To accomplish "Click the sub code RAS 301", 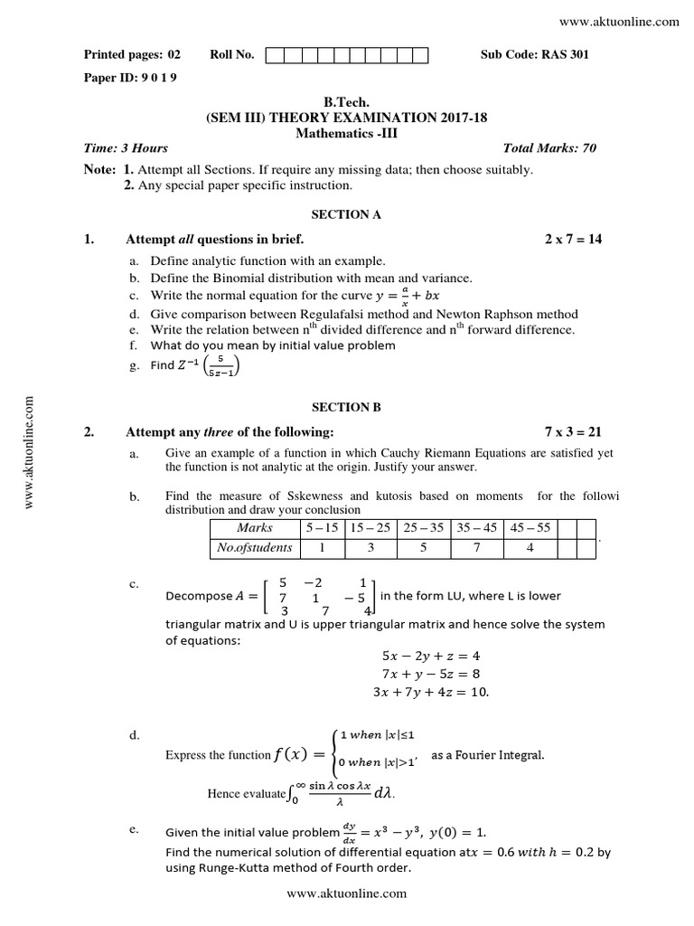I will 535,55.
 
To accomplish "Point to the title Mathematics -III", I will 346,133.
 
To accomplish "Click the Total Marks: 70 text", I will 549,148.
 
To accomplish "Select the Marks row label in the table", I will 255,527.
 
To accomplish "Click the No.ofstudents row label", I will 255,547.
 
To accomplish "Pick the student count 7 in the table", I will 475,547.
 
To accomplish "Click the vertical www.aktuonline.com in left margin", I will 30,452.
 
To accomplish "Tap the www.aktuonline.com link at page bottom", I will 346,893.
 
